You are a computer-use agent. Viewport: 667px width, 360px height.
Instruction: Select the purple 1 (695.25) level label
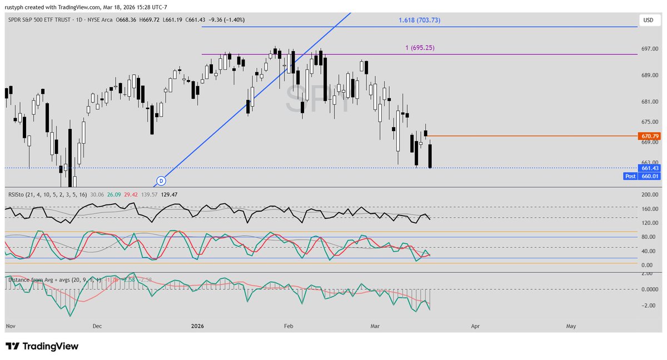(420, 48)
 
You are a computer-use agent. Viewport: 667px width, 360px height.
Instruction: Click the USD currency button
(648, 20)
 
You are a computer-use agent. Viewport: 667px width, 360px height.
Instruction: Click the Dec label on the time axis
(97, 327)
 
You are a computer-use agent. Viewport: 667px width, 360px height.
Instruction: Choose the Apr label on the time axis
(475, 327)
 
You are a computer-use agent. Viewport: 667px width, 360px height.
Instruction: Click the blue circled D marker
(161, 181)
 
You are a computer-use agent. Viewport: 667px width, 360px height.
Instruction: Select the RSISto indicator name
(19, 194)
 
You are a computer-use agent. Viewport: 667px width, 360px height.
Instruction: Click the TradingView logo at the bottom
(42, 346)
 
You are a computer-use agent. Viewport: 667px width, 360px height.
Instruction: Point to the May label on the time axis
(570, 327)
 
